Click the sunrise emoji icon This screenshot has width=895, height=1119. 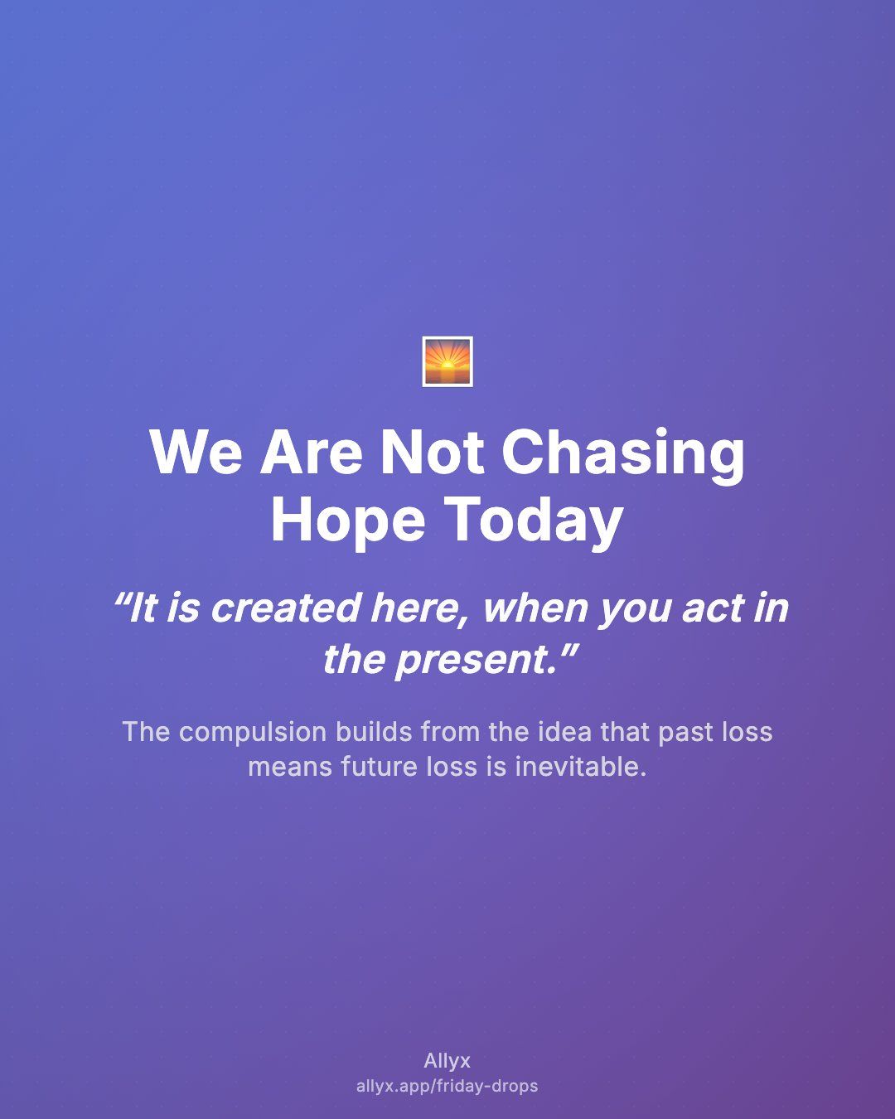[447, 361]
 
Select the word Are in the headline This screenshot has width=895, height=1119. [311, 452]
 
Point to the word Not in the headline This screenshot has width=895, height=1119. [433, 452]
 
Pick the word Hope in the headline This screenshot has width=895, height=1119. [348, 522]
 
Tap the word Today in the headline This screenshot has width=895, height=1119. [535, 522]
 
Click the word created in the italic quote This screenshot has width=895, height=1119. [286, 608]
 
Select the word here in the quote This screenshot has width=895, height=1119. [414, 608]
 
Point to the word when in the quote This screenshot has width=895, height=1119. [535, 608]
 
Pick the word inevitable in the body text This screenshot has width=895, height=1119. [580, 767]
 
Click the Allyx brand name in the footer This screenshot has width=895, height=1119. [447, 1061]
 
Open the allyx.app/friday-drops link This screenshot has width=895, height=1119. [447, 1086]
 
